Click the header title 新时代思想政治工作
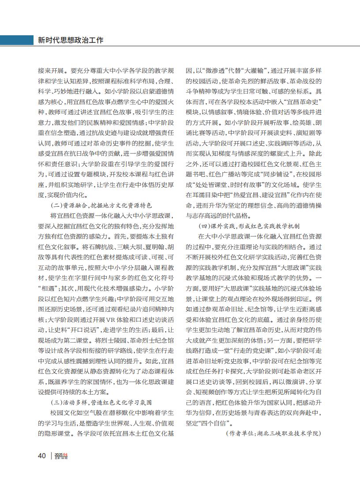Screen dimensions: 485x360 [x=70, y=40]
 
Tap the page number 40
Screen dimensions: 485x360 [x=42, y=455]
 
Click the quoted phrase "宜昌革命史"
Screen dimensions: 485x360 [x=303, y=102]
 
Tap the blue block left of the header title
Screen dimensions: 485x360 [x=16, y=40]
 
